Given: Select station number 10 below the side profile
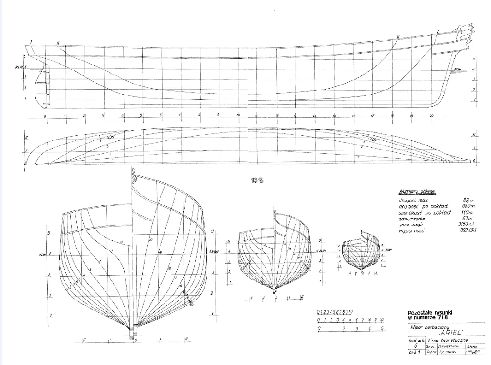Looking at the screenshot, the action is coord(238,115).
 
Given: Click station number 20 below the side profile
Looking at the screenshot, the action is coord(431,115).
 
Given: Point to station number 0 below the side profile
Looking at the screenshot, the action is coord(45,116).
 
